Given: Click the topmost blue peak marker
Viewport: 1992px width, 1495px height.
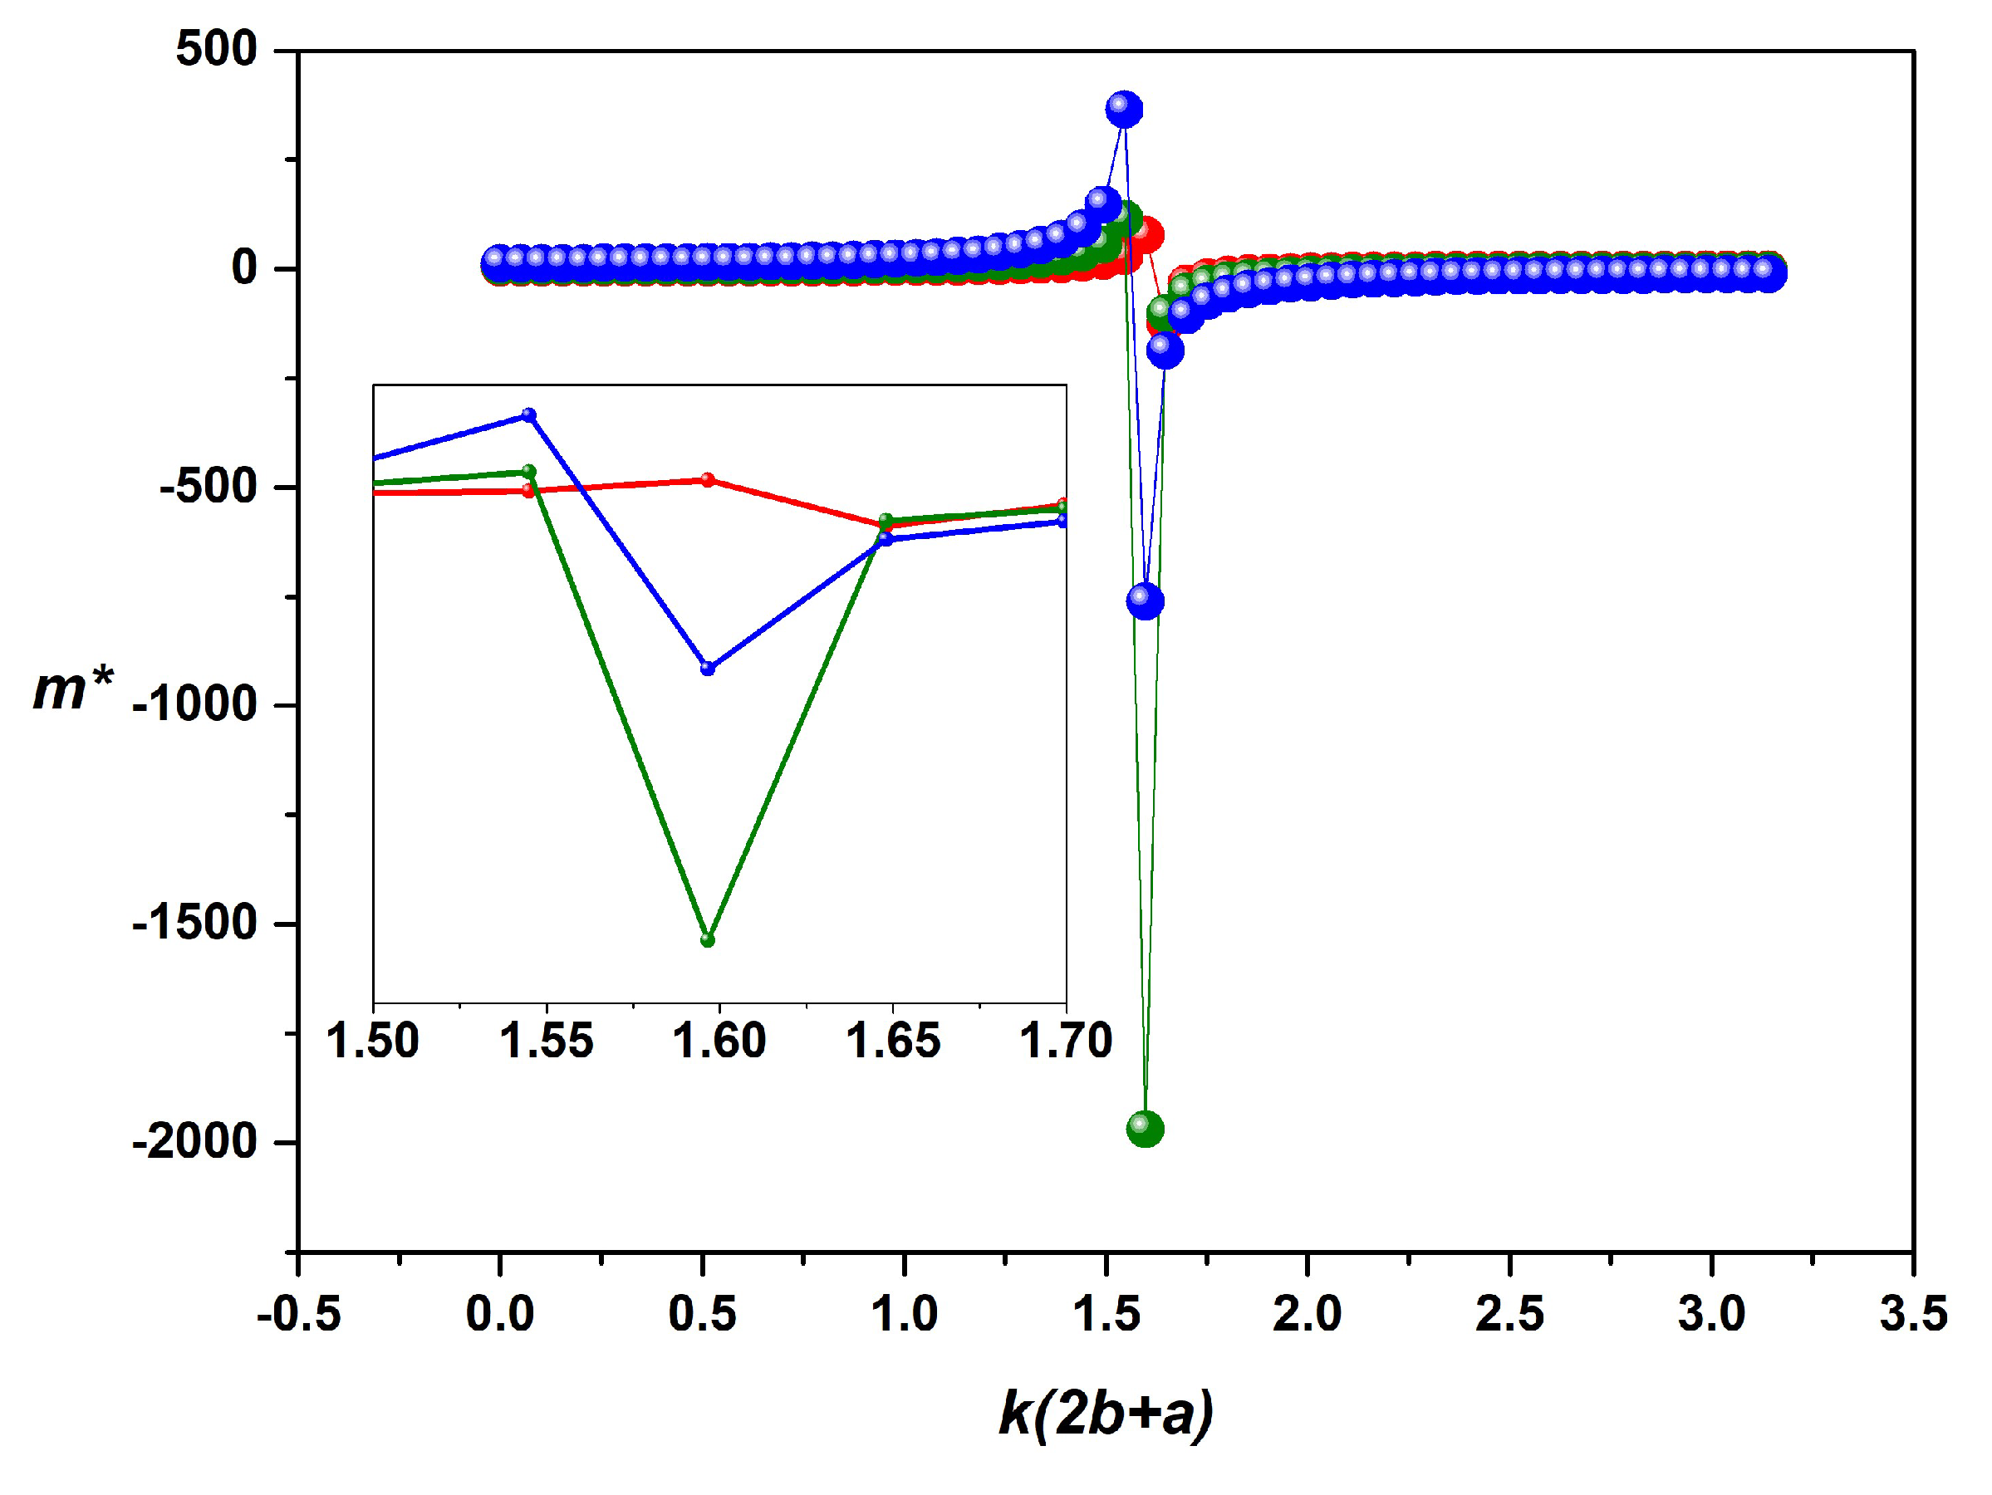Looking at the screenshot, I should [1124, 109].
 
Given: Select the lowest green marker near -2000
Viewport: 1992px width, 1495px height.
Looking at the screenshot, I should [1145, 1129].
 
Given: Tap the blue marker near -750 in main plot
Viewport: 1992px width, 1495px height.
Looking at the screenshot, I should [1145, 600].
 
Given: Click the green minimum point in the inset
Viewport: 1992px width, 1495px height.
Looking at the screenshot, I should [708, 939].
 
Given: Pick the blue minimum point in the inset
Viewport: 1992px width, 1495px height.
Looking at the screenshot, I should [708, 669].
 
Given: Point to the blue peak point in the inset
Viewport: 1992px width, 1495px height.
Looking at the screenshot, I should [529, 415].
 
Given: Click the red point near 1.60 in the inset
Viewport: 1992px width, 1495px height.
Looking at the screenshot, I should [708, 479].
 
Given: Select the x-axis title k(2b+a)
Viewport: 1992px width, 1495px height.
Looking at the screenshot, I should [1106, 1412].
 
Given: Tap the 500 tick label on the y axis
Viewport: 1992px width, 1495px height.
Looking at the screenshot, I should [217, 49].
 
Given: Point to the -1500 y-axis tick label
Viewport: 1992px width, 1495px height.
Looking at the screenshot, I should [195, 924].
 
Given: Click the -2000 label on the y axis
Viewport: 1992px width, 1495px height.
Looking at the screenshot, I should [195, 1142].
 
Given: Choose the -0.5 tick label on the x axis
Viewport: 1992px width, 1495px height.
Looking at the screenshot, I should [299, 1313].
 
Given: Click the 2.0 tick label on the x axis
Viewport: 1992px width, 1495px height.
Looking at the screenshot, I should [1307, 1313].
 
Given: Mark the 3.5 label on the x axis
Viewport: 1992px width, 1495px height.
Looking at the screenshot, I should [1914, 1313].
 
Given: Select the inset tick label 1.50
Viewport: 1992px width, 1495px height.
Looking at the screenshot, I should [373, 1041].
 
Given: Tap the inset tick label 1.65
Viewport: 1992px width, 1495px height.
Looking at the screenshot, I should [892, 1041].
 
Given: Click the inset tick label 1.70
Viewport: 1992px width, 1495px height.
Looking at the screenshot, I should [1065, 1041].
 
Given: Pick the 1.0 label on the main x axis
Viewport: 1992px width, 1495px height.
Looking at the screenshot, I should [903, 1313].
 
